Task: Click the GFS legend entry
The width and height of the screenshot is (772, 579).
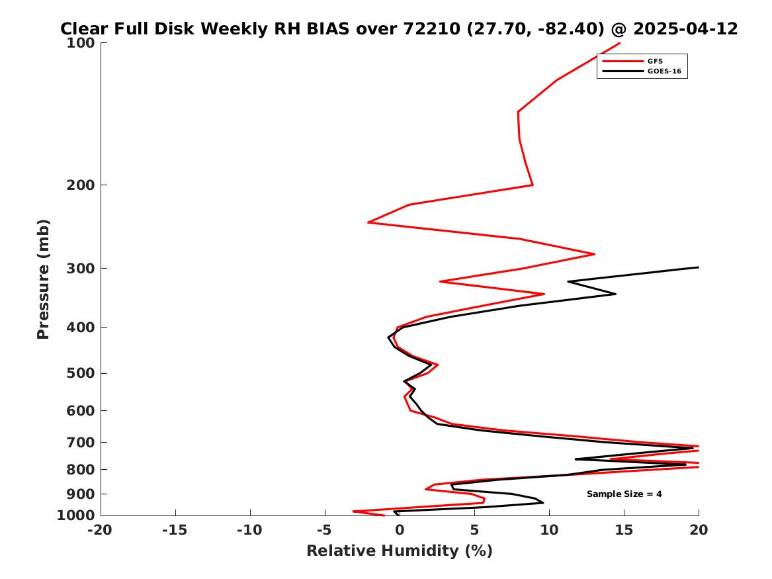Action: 632,61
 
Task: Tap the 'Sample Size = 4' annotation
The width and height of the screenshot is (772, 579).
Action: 624,494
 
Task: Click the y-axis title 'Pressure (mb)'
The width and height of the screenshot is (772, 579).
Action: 43,279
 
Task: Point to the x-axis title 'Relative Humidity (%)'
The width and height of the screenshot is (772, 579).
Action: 400,551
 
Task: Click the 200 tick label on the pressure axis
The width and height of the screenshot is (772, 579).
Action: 80,185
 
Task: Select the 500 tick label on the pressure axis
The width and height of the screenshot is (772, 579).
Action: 80,373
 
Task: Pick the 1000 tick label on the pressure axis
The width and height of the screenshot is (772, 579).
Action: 76,515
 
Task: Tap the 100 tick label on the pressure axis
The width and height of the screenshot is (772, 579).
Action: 80,43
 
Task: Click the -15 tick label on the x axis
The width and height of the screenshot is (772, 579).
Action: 175,530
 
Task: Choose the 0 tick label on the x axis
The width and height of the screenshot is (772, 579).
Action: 400,530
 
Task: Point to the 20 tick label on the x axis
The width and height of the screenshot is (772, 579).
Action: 699,530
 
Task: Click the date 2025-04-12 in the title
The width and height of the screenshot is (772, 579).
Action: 685,28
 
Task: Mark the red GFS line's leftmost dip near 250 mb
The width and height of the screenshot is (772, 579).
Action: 368,222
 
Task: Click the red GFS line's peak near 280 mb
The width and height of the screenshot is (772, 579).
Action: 594,254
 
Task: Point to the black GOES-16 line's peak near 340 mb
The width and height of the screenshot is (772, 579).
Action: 615,294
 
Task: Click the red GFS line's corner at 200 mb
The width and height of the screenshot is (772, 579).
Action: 533,185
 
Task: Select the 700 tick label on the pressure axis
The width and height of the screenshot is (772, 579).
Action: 80,443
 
